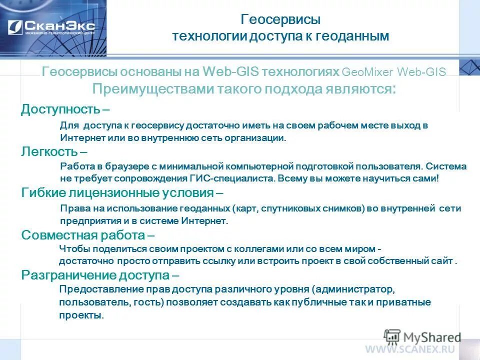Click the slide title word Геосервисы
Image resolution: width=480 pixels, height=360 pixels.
[280, 20]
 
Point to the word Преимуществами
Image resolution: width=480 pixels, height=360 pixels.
[153, 89]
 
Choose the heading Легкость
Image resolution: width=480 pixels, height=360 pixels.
[49, 151]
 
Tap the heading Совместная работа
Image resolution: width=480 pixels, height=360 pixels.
[83, 234]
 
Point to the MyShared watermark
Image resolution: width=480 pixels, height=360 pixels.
[423, 336]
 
